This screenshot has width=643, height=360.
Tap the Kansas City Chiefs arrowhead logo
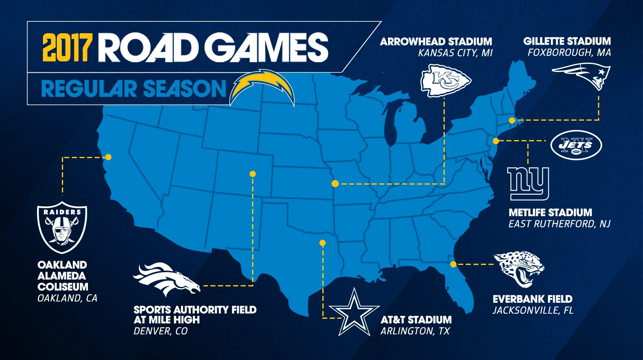coord(446,80)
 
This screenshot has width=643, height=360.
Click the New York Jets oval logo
coord(576,145)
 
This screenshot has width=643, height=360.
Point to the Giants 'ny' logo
coord(528,183)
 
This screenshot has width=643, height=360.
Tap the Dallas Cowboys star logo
coord(354,313)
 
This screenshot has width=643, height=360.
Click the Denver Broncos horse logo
coord(166,279)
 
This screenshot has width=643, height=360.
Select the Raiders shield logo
coord(62,228)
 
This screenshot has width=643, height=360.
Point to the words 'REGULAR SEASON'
coord(134,89)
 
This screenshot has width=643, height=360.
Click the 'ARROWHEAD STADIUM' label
coord(436,42)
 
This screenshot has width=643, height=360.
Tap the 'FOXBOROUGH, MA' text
coord(569,53)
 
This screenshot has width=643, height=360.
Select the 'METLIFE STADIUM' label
coord(550,212)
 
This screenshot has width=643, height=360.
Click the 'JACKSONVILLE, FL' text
coord(533,310)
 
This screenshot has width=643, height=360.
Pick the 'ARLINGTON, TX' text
coord(415,331)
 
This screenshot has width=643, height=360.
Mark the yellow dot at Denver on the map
coord(252,174)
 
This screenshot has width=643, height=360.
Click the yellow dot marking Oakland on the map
coord(108,157)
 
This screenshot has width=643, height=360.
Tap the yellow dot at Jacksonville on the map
coord(453,265)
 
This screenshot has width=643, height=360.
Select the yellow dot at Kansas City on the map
coord(335,183)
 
